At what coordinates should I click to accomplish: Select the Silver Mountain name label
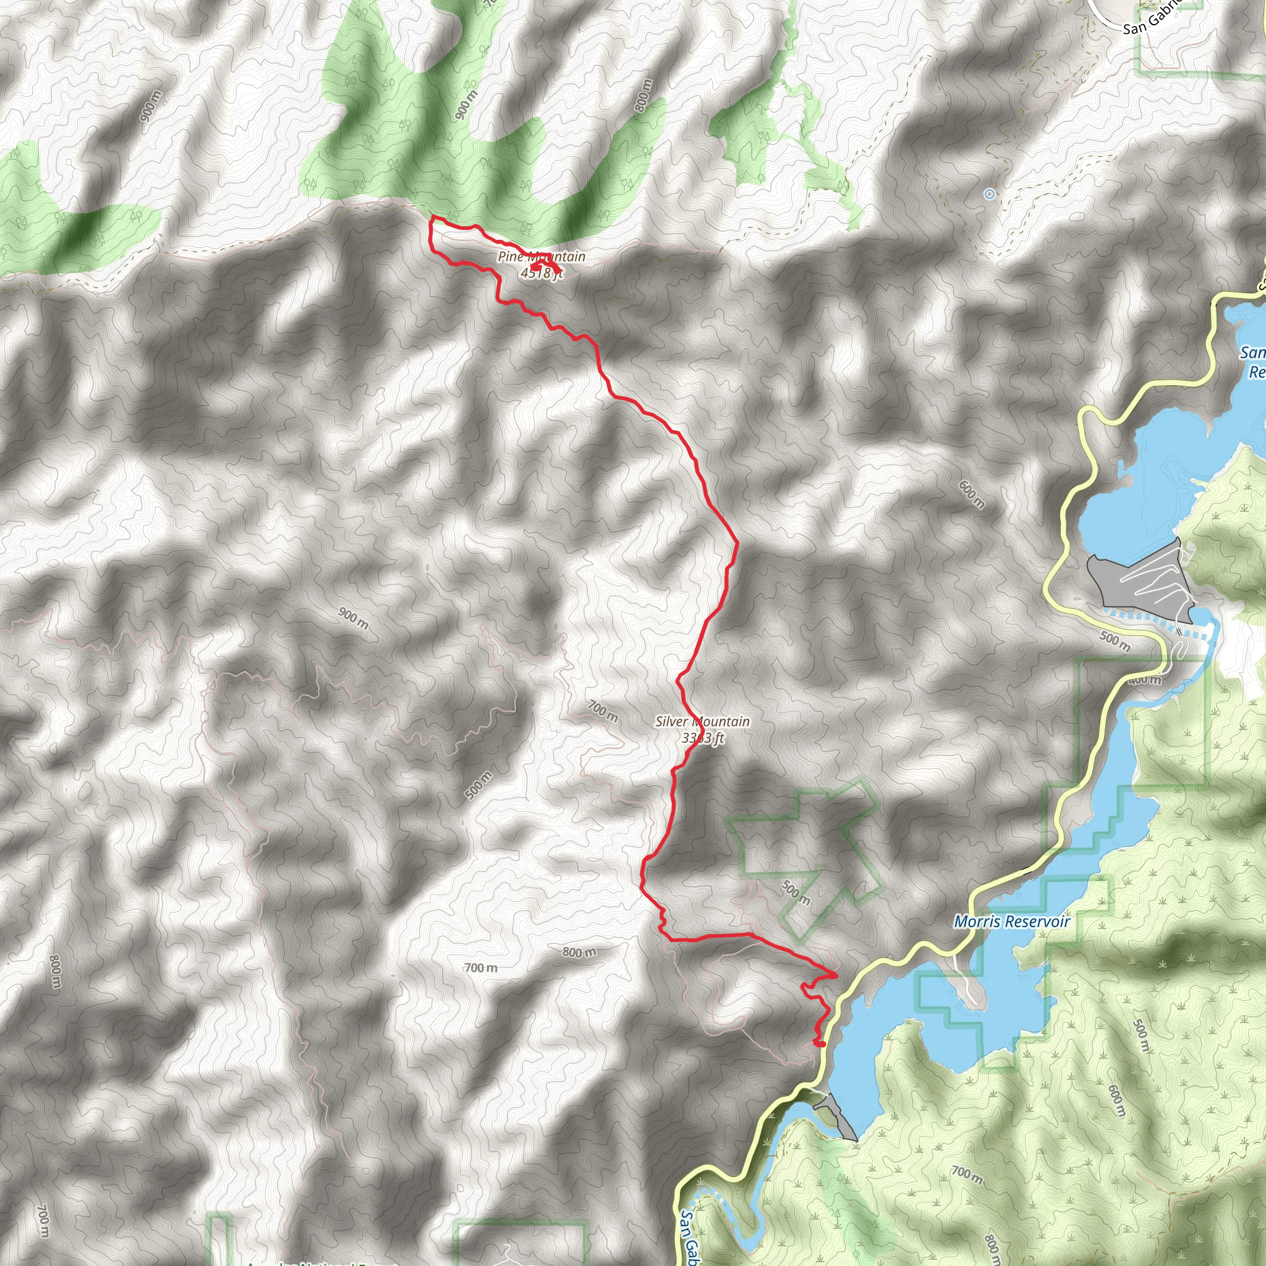(702, 721)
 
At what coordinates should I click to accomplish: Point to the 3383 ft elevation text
(702, 739)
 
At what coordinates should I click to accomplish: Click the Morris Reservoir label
(1012, 922)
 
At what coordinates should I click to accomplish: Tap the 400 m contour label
(1144, 680)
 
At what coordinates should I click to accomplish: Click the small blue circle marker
(990, 194)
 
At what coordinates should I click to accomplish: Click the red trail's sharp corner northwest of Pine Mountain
(430, 216)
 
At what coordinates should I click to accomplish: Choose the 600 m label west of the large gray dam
(971, 494)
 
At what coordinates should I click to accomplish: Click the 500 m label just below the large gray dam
(1115, 642)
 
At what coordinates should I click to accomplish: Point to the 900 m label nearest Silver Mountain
(353, 619)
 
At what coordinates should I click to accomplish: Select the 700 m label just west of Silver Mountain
(602, 711)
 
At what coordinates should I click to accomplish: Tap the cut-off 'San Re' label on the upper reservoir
(1253, 362)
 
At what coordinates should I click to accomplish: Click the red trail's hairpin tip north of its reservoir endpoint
(836, 974)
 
